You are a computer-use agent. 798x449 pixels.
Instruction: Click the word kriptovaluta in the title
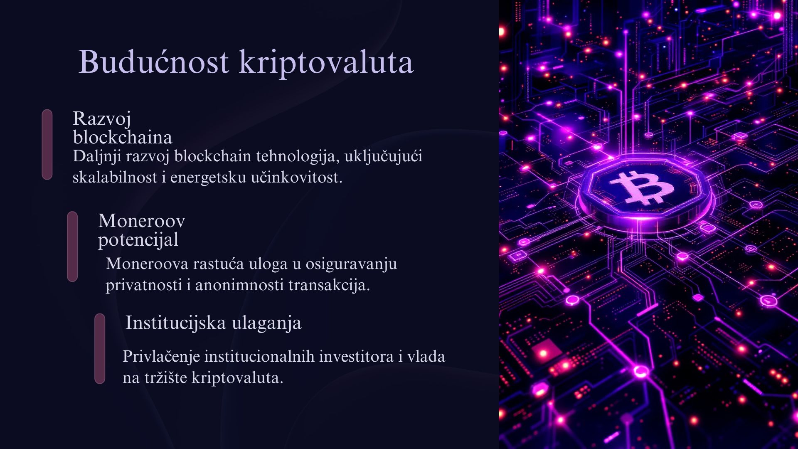(326, 62)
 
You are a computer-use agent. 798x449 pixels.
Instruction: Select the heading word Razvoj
(102, 119)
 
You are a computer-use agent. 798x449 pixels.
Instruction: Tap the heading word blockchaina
(123, 137)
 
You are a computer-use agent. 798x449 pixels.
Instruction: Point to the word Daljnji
(97, 157)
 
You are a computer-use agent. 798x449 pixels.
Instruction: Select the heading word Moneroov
(142, 221)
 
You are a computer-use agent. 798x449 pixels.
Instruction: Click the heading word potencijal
(138, 240)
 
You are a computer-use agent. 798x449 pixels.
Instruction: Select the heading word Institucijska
(176, 323)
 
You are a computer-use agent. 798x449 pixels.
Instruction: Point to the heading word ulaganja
(267, 323)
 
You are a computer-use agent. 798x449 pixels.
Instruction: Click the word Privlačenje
(162, 357)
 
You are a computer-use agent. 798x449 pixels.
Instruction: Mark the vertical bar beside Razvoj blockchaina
(47, 145)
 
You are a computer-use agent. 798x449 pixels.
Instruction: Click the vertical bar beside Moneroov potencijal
(72, 247)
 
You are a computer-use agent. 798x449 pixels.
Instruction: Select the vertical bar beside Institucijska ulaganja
(100, 348)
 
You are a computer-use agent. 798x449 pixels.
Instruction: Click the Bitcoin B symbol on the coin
(642, 187)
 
